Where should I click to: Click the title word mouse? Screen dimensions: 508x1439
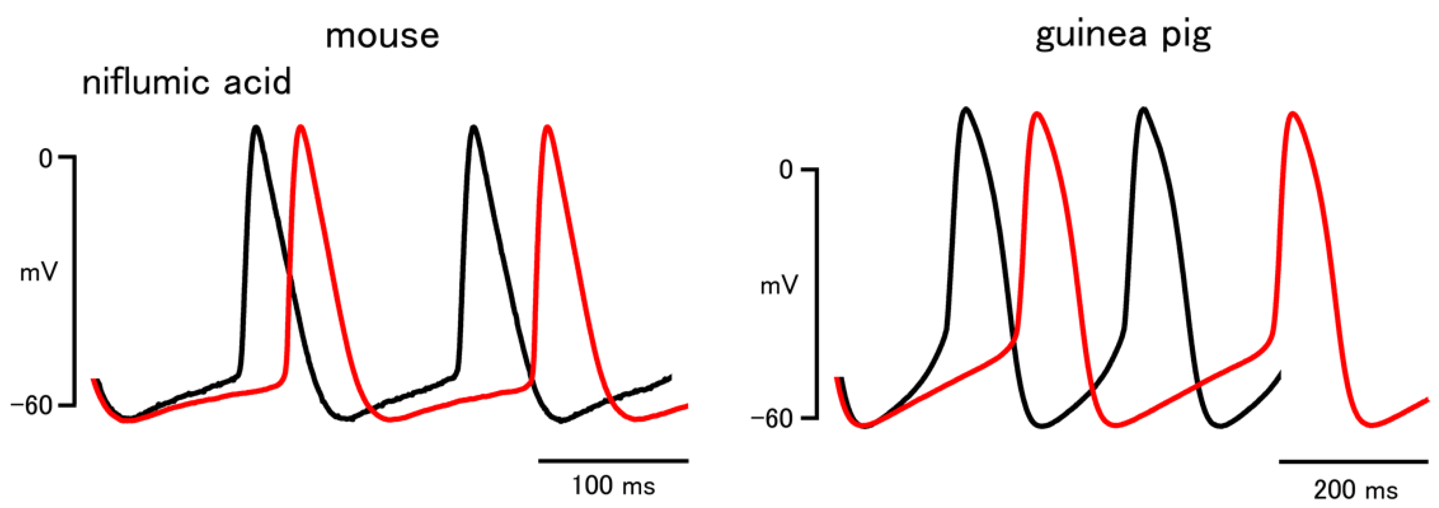pos(382,36)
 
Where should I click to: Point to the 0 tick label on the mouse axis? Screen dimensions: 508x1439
pos(45,159)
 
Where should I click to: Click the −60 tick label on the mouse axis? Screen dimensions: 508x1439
pos(32,405)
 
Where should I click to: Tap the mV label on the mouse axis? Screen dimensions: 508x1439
pos(39,273)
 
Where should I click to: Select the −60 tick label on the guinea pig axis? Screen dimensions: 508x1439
pos(772,419)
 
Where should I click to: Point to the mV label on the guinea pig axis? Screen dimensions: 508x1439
pos(779,286)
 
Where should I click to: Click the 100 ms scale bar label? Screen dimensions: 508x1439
pos(613,486)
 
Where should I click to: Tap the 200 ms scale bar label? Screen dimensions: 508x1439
pos(1355,490)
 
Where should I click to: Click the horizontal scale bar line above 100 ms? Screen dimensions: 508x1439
pos(613,461)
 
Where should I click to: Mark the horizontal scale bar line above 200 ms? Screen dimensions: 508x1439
pos(1354,461)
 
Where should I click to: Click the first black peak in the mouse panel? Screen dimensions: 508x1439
pos(256,128)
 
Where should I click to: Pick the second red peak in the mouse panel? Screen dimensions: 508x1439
pos(547,128)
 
